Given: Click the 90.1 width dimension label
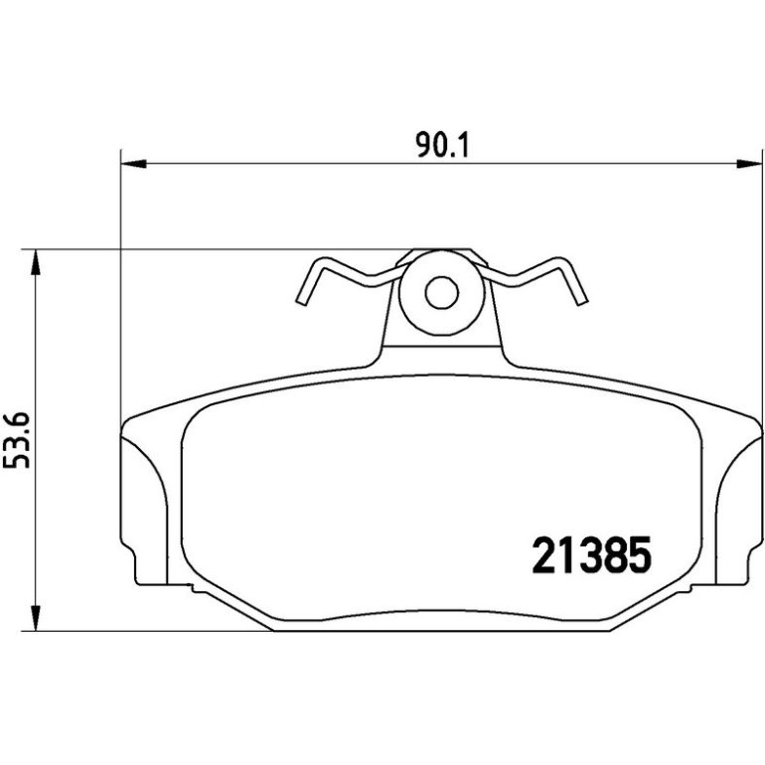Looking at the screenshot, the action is point(442,145).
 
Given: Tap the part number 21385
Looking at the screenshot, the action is point(592,554).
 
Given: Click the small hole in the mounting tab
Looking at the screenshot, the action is point(441,293).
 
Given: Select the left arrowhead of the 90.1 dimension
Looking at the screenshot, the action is point(133,164).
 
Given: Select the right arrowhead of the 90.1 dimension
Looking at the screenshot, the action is point(749,164).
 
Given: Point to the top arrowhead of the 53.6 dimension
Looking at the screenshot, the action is point(35,263).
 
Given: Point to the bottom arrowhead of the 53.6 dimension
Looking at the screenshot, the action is point(35,618).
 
